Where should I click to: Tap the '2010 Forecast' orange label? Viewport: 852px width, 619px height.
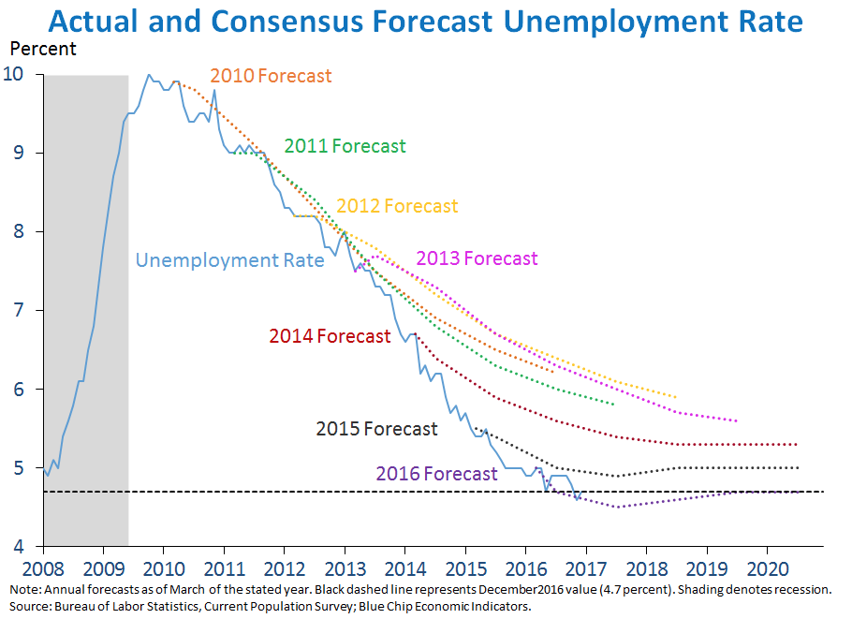(x=271, y=76)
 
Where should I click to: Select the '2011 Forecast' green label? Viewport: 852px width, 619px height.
(x=345, y=146)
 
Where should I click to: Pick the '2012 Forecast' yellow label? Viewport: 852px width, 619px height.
(x=397, y=206)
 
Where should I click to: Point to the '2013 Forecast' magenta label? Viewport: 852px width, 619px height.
(x=477, y=258)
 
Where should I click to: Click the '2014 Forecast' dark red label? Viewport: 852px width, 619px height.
(x=330, y=336)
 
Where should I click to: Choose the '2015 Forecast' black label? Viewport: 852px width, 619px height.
(x=376, y=429)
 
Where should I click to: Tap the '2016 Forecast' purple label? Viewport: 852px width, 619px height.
(x=436, y=474)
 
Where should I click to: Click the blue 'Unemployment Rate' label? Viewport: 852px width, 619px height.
(x=230, y=260)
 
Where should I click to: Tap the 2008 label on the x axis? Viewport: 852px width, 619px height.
(x=42, y=569)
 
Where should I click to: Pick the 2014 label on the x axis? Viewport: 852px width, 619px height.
(x=404, y=569)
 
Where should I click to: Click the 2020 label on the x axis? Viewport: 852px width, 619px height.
(x=767, y=569)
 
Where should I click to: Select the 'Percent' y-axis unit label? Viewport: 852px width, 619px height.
(x=43, y=48)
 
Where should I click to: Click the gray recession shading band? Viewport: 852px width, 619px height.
(x=86, y=309)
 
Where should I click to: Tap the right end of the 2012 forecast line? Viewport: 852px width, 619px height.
(x=675, y=396)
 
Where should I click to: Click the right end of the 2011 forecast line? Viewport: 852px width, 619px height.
(x=613, y=405)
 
